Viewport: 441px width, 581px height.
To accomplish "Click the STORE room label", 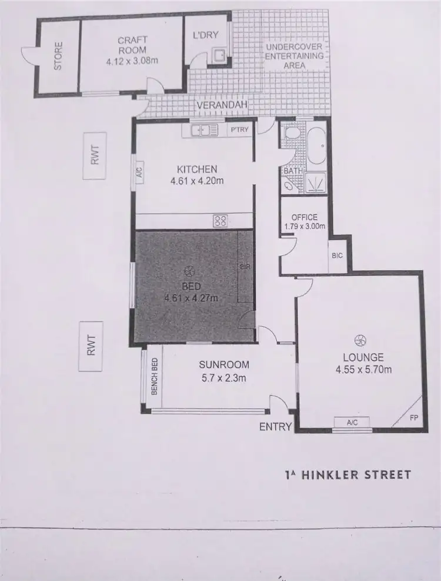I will [58, 56].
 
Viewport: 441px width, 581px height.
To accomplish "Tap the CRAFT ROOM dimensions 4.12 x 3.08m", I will [132, 59].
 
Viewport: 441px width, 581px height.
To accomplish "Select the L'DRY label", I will [205, 35].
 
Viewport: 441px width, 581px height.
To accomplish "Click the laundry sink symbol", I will [219, 56].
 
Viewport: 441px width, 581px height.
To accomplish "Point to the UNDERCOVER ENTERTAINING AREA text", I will [295, 56].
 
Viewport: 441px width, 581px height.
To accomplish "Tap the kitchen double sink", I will [201, 130].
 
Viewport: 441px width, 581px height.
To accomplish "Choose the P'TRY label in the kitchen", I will [238, 130].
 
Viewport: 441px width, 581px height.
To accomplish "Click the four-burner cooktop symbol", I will [220, 221].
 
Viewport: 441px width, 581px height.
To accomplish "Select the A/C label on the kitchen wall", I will [139, 172].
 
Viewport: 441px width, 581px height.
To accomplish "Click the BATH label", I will [292, 171].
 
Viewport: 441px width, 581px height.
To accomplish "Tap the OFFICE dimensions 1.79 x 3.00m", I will [304, 225].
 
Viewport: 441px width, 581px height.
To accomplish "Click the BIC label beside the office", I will [337, 255].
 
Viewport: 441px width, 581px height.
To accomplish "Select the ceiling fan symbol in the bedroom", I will [189, 271].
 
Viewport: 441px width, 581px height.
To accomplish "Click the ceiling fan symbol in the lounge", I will [360, 340].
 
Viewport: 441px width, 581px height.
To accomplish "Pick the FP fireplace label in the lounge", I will [414, 419].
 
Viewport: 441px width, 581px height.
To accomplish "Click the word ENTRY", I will [275, 427].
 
